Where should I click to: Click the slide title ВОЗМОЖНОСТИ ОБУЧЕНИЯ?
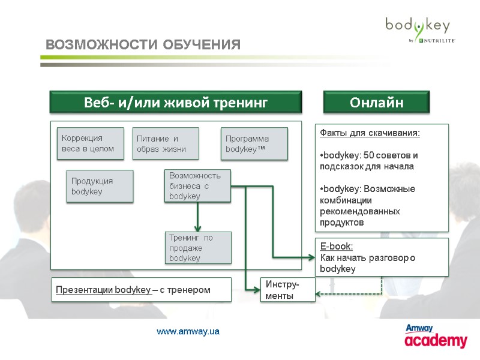tap(143, 45)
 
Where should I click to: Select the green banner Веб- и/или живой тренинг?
tap(175, 103)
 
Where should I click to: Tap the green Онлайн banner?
tap(377, 103)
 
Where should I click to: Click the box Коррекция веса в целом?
tap(90, 143)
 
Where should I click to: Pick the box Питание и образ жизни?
tap(165, 143)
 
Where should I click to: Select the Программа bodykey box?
tap(254, 143)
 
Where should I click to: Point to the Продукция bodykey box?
tap(100, 186)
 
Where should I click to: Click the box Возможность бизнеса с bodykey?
tap(197, 186)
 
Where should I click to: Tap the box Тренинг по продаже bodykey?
tap(198, 248)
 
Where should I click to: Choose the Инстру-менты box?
tap(287, 290)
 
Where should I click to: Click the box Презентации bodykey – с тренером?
tap(140, 290)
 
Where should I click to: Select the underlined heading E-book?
tap(337, 246)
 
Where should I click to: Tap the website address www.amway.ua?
tap(188, 332)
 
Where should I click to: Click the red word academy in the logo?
tap(436, 341)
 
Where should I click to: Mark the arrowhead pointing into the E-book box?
tap(311, 258)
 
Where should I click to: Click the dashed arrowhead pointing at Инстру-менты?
tap(320, 293)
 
